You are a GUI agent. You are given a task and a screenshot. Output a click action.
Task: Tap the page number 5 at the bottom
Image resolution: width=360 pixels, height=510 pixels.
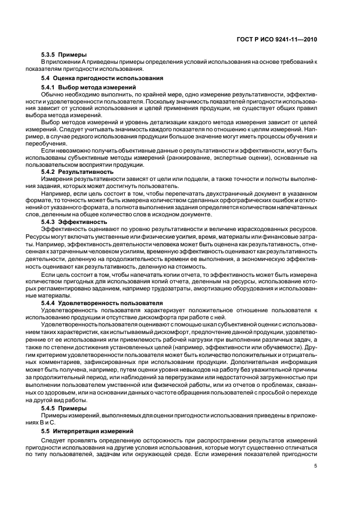(316, 466)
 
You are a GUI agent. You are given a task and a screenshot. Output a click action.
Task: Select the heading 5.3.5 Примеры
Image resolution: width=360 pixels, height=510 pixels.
(60, 56)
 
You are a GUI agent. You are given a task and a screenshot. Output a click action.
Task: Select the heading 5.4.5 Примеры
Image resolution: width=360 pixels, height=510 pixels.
(64, 408)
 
